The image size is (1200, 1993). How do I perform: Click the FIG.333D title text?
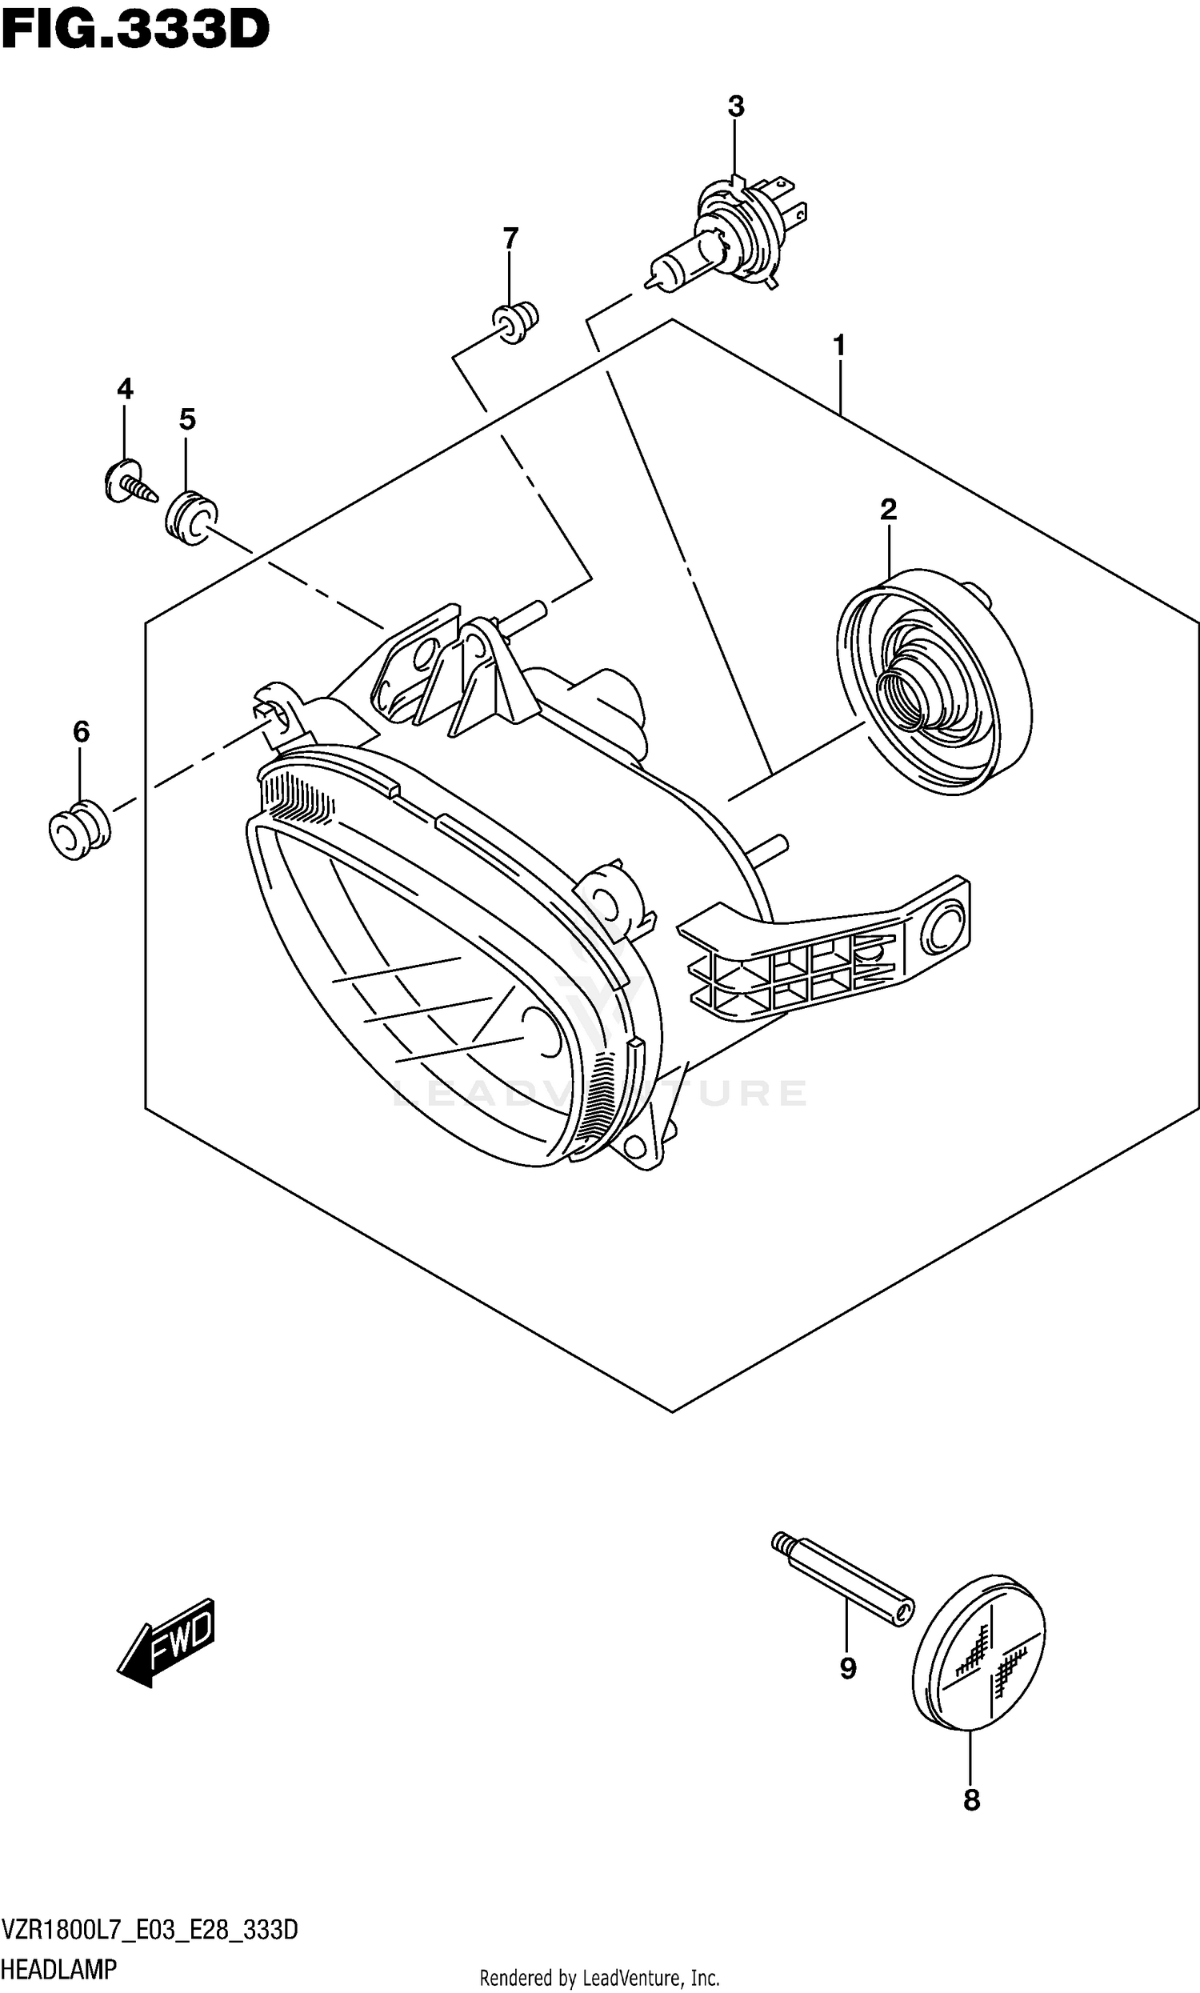tap(135, 30)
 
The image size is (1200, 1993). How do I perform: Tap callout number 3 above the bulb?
tap(735, 106)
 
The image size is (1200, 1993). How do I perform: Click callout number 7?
tap(510, 238)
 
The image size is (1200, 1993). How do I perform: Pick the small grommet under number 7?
tap(516, 322)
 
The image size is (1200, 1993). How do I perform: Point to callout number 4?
tap(125, 389)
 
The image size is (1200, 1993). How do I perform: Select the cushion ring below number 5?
tap(191, 517)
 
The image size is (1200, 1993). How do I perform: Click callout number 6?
tap(81, 732)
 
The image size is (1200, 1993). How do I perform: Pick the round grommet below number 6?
tap(78, 830)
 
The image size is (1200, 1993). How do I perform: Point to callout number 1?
tap(839, 346)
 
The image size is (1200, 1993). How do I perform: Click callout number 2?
tap(888, 510)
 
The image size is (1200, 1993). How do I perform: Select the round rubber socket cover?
tap(934, 681)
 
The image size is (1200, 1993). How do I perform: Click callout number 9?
tap(847, 1668)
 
